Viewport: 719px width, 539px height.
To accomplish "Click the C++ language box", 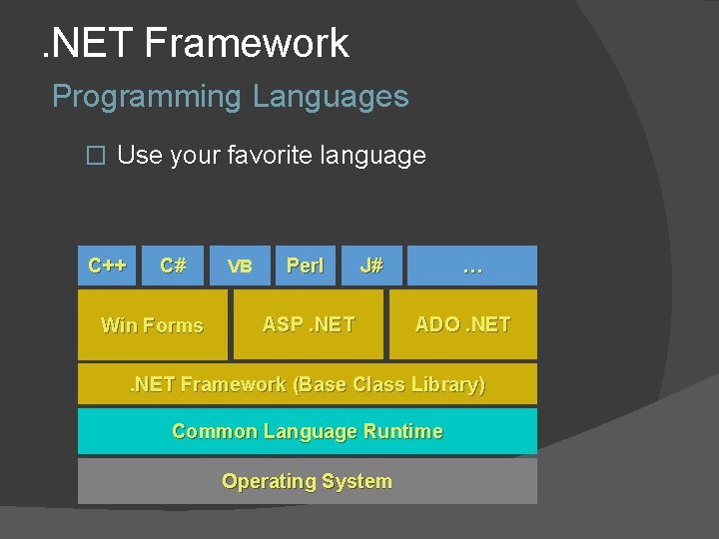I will (107, 266).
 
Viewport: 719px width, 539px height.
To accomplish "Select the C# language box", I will (174, 266).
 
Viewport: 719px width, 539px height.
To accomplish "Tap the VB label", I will (240, 267).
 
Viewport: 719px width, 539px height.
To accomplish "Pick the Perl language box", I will (305, 266).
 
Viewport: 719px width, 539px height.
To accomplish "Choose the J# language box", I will (371, 266).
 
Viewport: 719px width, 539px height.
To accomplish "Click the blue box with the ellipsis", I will (472, 266).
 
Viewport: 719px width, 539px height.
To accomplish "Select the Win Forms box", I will (152, 324).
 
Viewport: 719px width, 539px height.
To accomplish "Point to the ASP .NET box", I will (308, 324).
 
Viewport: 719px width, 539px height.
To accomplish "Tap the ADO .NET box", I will (462, 324).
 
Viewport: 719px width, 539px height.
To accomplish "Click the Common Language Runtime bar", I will (307, 431).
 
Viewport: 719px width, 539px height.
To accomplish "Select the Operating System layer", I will (307, 481).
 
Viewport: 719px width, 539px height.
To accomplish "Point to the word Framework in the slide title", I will (247, 43).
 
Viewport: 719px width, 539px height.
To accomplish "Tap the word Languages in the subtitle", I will (331, 97).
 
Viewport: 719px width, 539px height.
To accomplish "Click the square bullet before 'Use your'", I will (95, 156).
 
